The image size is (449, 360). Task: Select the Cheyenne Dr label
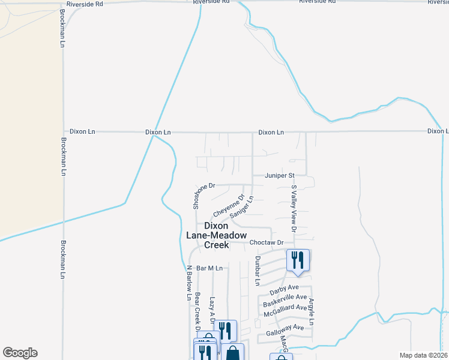(x=229, y=206)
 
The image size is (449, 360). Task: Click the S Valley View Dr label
(x=294, y=209)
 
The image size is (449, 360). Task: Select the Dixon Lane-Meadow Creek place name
(x=217, y=235)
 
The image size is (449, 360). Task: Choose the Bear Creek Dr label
(x=196, y=311)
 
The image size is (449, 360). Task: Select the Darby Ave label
(x=284, y=289)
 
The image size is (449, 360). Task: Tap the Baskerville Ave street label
(x=285, y=299)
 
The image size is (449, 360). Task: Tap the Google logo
(x=20, y=353)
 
